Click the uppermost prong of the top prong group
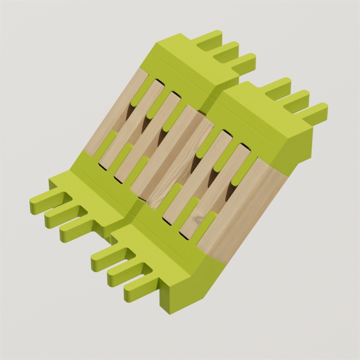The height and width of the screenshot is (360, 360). pos(210,40)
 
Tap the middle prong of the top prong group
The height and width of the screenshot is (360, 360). pos(226,50)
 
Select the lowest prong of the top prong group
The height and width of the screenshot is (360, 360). pos(242,62)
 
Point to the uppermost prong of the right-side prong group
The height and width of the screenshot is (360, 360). pos(278,87)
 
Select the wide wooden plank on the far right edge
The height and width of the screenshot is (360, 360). pos(240,211)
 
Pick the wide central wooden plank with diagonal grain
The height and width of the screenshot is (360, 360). pos(178,158)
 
